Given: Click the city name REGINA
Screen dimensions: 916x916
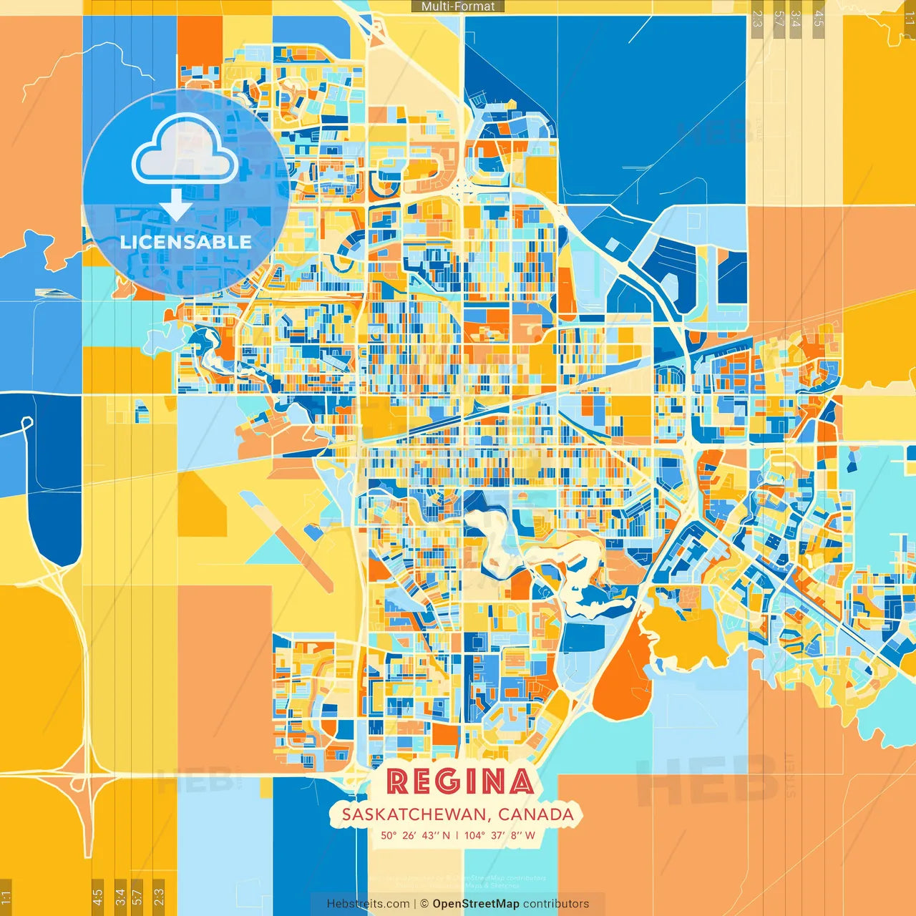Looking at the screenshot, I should tap(460, 781).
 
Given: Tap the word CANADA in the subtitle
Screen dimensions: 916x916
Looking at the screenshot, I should tap(536, 814).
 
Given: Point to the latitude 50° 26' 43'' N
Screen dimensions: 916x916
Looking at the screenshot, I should tap(415, 835).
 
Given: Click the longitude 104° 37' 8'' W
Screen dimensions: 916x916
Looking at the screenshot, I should tap(500, 835).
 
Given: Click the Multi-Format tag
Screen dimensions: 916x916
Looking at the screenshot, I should tap(458, 6).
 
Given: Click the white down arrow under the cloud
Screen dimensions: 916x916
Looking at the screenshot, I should tap(176, 205).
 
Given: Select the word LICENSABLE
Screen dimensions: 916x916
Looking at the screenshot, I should tap(185, 242).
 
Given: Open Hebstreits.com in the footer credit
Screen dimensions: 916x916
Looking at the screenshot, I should tap(368, 904).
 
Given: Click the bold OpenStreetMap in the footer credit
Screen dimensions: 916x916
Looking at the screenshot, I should tap(476, 904).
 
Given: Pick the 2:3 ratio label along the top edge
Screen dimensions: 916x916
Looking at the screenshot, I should tap(757, 17).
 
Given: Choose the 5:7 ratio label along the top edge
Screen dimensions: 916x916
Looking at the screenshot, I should tap(779, 17).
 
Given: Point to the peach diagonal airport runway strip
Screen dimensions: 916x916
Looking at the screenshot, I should tap(286, 540).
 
